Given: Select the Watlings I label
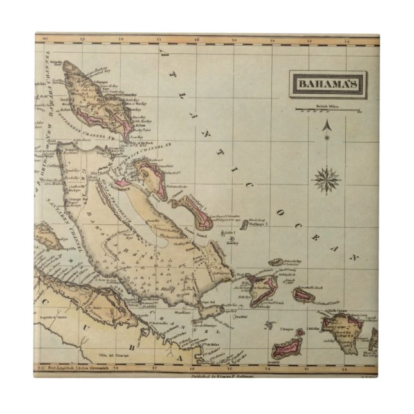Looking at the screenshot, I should click(x=257, y=224).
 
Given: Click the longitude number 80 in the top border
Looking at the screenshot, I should click(x=44, y=40).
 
